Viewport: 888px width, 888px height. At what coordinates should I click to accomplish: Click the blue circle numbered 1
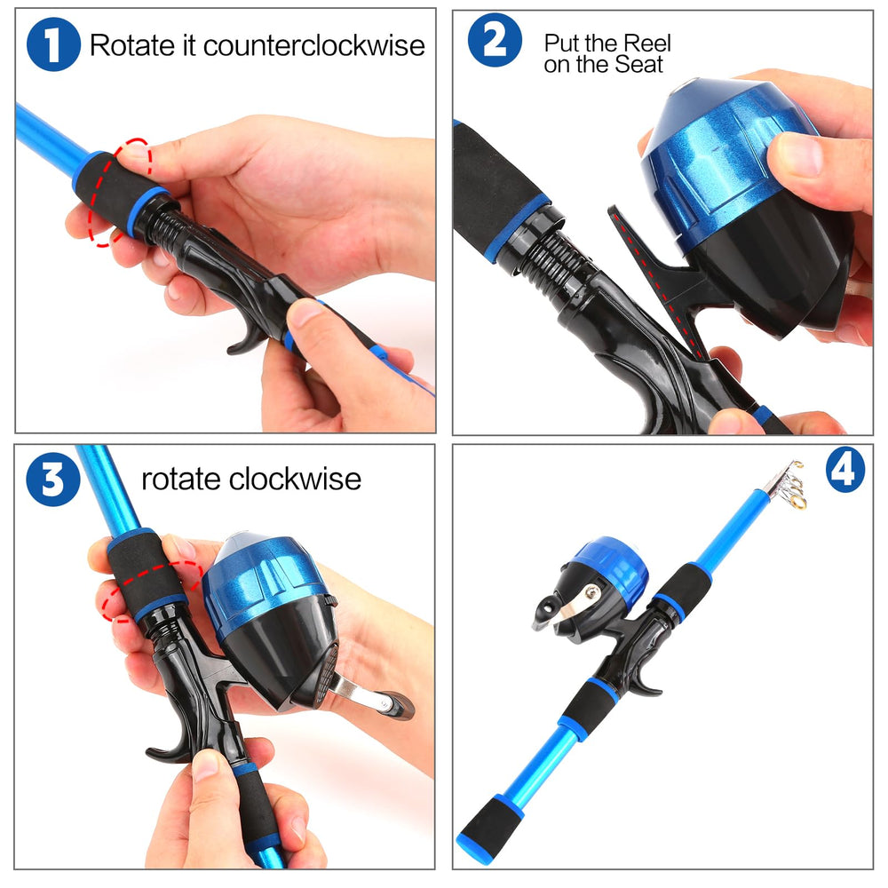53,44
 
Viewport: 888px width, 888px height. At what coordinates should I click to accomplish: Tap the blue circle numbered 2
495,40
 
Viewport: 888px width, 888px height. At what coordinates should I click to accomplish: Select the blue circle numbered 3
53,480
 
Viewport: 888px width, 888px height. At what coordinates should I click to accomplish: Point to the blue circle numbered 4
845,470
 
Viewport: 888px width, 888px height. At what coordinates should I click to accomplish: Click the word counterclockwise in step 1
314,45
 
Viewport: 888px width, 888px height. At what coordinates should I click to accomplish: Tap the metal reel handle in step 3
371,695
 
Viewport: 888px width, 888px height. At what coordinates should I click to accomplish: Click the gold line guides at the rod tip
793,486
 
